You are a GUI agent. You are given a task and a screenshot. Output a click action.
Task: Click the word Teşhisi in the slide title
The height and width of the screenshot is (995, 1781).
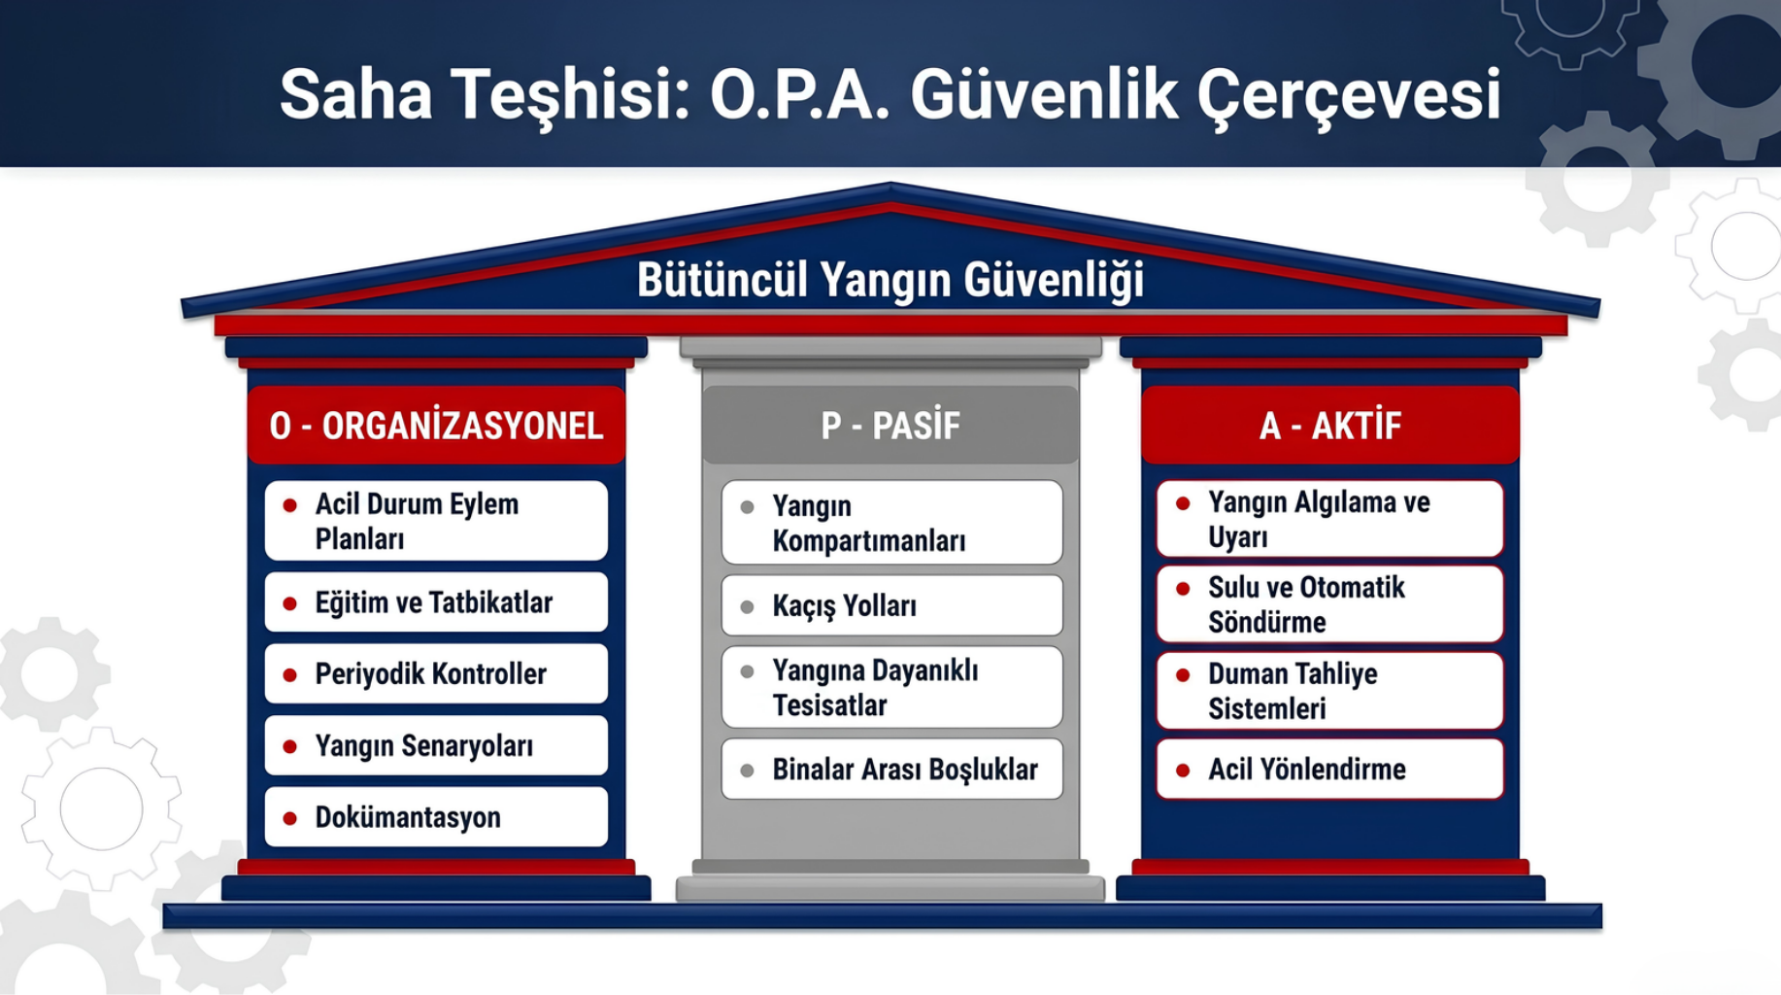tap(569, 96)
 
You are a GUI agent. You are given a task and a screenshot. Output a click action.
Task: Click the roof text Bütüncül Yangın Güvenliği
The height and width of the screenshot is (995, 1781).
tap(890, 281)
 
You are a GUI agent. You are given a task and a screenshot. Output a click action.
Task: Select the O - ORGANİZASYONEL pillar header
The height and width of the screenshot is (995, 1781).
tap(436, 426)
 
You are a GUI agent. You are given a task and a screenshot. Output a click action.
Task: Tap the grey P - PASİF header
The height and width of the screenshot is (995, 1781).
tap(890, 426)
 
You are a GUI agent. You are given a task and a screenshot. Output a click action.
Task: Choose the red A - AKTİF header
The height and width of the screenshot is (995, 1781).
tap(1330, 426)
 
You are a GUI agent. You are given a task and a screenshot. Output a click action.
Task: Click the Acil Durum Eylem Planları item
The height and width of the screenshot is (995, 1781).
tap(436, 521)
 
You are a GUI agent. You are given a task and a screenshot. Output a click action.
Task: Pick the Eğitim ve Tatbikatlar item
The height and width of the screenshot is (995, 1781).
tap(436, 602)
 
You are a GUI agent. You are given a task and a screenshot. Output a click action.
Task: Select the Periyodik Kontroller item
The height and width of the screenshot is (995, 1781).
tap(436, 673)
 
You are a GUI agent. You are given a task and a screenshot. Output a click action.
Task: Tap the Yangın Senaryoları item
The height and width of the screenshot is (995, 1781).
tap(436, 745)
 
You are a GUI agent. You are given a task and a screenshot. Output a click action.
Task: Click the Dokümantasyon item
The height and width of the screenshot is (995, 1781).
tap(436, 817)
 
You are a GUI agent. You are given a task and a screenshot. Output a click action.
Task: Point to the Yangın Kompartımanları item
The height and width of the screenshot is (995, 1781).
tap(892, 523)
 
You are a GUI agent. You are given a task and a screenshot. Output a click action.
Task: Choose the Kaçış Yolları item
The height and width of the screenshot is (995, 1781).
tap(892, 605)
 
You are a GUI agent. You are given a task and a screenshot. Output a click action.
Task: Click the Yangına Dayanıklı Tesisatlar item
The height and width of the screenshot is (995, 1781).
tap(892, 687)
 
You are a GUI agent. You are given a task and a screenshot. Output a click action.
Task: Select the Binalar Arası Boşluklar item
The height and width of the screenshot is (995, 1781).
tap(892, 770)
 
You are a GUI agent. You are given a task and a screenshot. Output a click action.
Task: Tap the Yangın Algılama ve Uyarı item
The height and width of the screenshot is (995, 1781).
tap(1330, 519)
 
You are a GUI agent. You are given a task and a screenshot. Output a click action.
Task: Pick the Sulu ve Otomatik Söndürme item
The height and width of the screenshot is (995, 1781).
tap(1330, 604)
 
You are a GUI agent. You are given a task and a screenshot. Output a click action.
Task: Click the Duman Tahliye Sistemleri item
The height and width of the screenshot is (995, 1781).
tap(1330, 691)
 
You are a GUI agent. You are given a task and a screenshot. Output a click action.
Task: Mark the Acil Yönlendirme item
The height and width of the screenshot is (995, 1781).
tap(1330, 770)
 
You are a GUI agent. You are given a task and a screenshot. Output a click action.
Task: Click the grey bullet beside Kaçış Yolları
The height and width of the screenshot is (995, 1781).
tap(748, 607)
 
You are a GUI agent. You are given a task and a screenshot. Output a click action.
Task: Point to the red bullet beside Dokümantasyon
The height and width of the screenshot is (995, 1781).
tap(289, 818)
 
